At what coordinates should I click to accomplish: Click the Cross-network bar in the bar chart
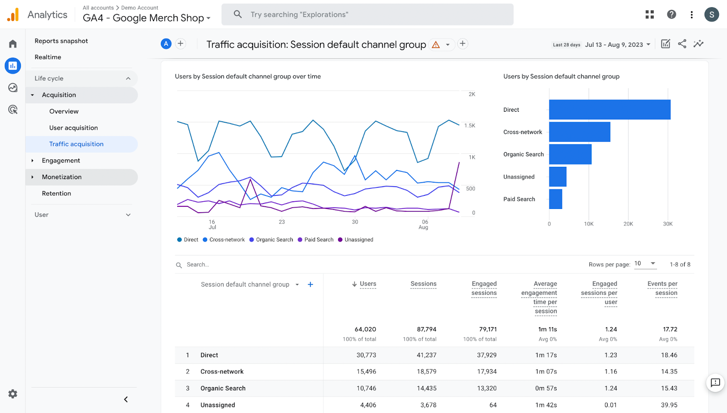579,132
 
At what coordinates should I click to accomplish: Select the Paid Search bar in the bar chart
555,199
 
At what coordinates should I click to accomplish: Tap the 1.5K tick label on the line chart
469,126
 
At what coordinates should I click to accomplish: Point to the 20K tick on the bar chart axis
628,224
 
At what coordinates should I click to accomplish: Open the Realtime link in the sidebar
48,57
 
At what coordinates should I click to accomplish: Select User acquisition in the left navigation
74,128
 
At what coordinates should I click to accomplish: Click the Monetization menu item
62,177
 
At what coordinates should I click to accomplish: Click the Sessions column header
423,284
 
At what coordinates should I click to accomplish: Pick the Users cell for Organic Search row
366,388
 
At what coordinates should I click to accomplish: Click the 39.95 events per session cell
669,405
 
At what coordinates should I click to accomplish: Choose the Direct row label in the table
209,355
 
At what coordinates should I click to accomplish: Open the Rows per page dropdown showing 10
645,264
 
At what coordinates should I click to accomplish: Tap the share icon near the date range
682,44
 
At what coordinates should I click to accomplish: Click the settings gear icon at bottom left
13,394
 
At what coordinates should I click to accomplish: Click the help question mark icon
671,15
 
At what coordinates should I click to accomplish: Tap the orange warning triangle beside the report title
436,45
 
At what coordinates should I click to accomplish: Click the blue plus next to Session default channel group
310,284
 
